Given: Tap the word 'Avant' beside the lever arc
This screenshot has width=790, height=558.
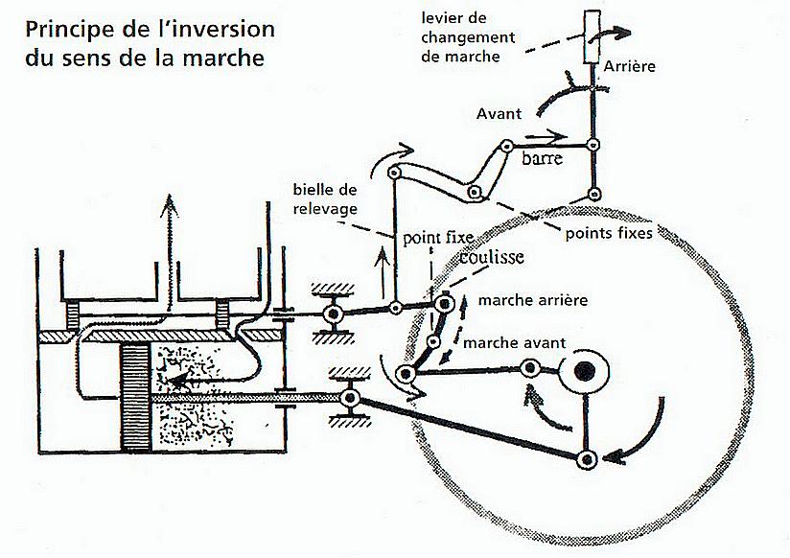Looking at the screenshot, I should (x=499, y=113).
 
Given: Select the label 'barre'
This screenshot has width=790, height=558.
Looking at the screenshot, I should (x=542, y=159).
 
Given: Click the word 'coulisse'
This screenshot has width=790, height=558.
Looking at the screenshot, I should (x=490, y=256).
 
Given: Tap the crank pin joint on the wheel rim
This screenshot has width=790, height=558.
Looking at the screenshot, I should (x=588, y=459).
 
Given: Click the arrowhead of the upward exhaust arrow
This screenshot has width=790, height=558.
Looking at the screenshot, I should (x=169, y=204).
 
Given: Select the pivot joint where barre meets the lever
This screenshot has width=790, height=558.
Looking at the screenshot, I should (x=594, y=146).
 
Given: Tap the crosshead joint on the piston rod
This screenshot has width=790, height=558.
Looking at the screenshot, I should (x=351, y=396).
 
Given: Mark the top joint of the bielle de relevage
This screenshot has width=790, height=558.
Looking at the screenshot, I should (x=394, y=170).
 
